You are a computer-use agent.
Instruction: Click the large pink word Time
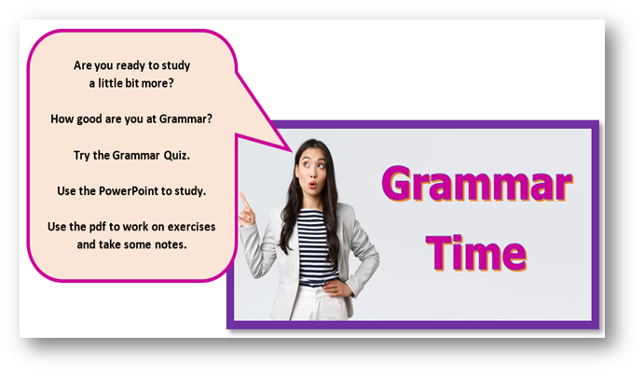click(476, 253)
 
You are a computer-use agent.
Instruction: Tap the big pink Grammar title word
click(477, 184)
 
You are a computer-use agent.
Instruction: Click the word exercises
click(191, 227)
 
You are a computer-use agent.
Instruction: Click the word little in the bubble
click(110, 83)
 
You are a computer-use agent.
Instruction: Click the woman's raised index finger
click(244, 201)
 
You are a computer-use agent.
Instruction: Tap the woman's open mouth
click(312, 185)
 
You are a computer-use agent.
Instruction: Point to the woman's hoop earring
click(295, 182)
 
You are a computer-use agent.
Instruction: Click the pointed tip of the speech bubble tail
click(292, 151)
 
